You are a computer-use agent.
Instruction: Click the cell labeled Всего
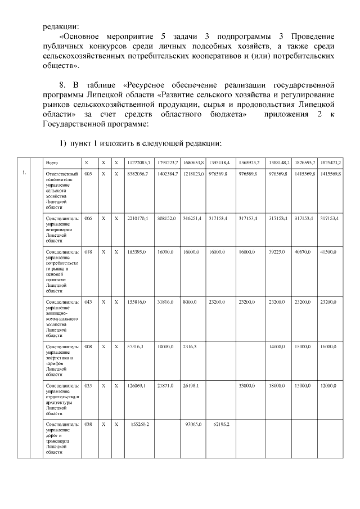[54, 163]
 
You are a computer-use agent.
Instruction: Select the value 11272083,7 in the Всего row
[138, 163]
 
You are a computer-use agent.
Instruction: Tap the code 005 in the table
[88, 174]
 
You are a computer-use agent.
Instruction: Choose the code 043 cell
[88, 302]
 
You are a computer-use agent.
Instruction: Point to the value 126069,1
[137, 385]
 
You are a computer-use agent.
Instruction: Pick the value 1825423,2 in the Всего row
[331, 163]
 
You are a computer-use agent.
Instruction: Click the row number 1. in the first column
[24, 173]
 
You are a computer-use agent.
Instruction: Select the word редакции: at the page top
[61, 25]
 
